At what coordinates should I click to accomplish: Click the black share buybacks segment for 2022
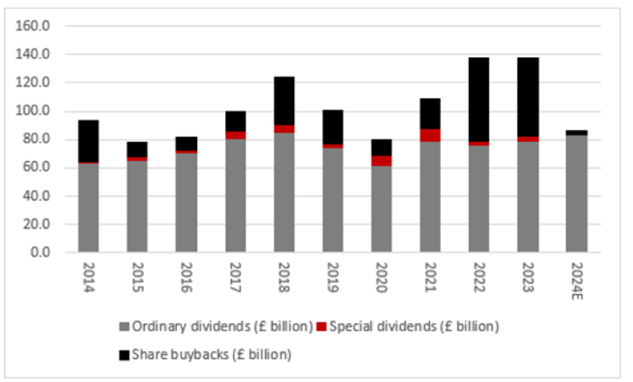(x=479, y=99)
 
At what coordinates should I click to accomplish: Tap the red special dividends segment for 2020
(x=381, y=161)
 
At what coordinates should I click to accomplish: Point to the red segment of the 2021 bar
(x=430, y=135)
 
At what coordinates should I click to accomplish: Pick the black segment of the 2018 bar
(x=284, y=101)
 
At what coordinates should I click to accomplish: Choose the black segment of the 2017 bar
(x=235, y=121)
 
